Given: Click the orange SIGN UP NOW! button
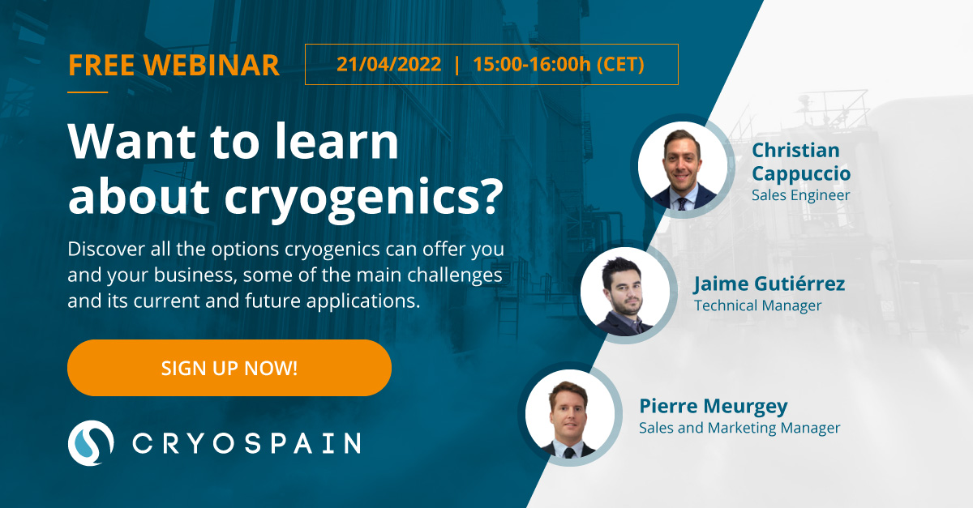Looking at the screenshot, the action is (229, 368).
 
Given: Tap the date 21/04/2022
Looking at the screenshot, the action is (388, 64).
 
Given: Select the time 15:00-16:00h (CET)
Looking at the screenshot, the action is (559, 64).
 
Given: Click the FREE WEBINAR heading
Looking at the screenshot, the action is (174, 66).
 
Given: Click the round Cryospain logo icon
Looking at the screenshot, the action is (91, 443).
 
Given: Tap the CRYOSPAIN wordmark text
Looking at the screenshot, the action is (246, 443).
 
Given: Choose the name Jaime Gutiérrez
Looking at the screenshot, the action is (769, 284).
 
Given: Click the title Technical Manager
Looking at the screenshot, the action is (758, 305).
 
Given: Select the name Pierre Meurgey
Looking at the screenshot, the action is (714, 407).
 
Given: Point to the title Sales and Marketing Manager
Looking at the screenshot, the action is (739, 428).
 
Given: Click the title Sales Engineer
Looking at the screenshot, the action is (800, 195).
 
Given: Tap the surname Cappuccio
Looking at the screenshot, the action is (801, 174).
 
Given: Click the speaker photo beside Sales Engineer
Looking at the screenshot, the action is (683, 166).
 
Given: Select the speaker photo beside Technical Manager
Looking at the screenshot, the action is (625, 292).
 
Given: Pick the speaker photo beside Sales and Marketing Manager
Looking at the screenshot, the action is (570, 414).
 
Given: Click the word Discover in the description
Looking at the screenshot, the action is (106, 250).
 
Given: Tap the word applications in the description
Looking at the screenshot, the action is (361, 301).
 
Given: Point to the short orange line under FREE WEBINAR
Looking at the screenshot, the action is (88, 92).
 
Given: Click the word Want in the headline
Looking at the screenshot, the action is (132, 142).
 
